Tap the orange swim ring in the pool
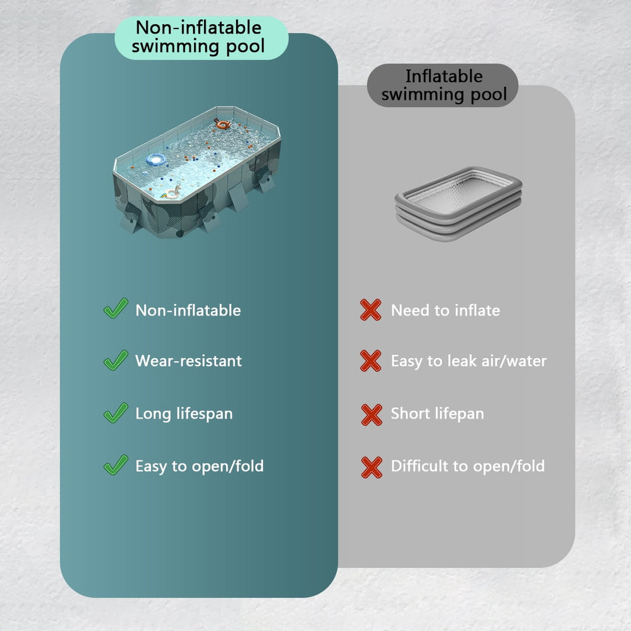coord(222,124)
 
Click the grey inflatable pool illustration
coord(458,203)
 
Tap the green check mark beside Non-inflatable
coord(116,308)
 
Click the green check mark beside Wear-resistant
coord(116,360)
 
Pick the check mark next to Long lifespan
coord(116,412)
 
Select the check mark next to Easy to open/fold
coord(116,465)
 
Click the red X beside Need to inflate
coord(370,310)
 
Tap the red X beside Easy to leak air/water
coord(370,360)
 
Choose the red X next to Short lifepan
coord(372,415)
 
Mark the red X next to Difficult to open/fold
coord(372,467)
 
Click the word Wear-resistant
coord(189,361)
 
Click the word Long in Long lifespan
coord(153,414)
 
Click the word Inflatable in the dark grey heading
coord(444,76)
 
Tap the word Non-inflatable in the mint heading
coord(199,27)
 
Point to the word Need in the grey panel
coord(410,311)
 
